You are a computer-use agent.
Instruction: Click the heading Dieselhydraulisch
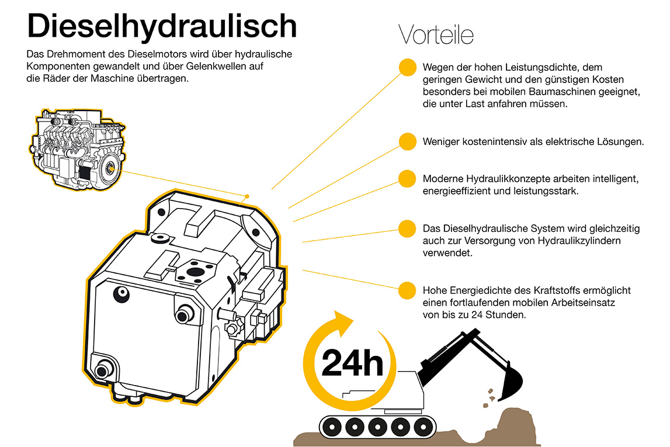click(162, 26)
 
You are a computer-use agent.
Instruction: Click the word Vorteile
click(436, 34)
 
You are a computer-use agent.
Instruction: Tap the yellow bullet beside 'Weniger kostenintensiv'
click(407, 141)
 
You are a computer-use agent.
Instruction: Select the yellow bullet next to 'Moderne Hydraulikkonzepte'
click(407, 179)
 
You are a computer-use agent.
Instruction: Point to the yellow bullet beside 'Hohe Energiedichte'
click(407, 290)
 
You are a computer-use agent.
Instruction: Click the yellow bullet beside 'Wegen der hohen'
click(408, 68)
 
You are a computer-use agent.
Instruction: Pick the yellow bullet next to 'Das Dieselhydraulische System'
click(407, 228)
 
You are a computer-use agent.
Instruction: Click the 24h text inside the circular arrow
click(352, 363)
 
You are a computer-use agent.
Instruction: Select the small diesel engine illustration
click(78, 149)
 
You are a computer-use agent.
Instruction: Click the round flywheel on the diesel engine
click(110, 168)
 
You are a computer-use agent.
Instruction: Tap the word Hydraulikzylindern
click(579, 241)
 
